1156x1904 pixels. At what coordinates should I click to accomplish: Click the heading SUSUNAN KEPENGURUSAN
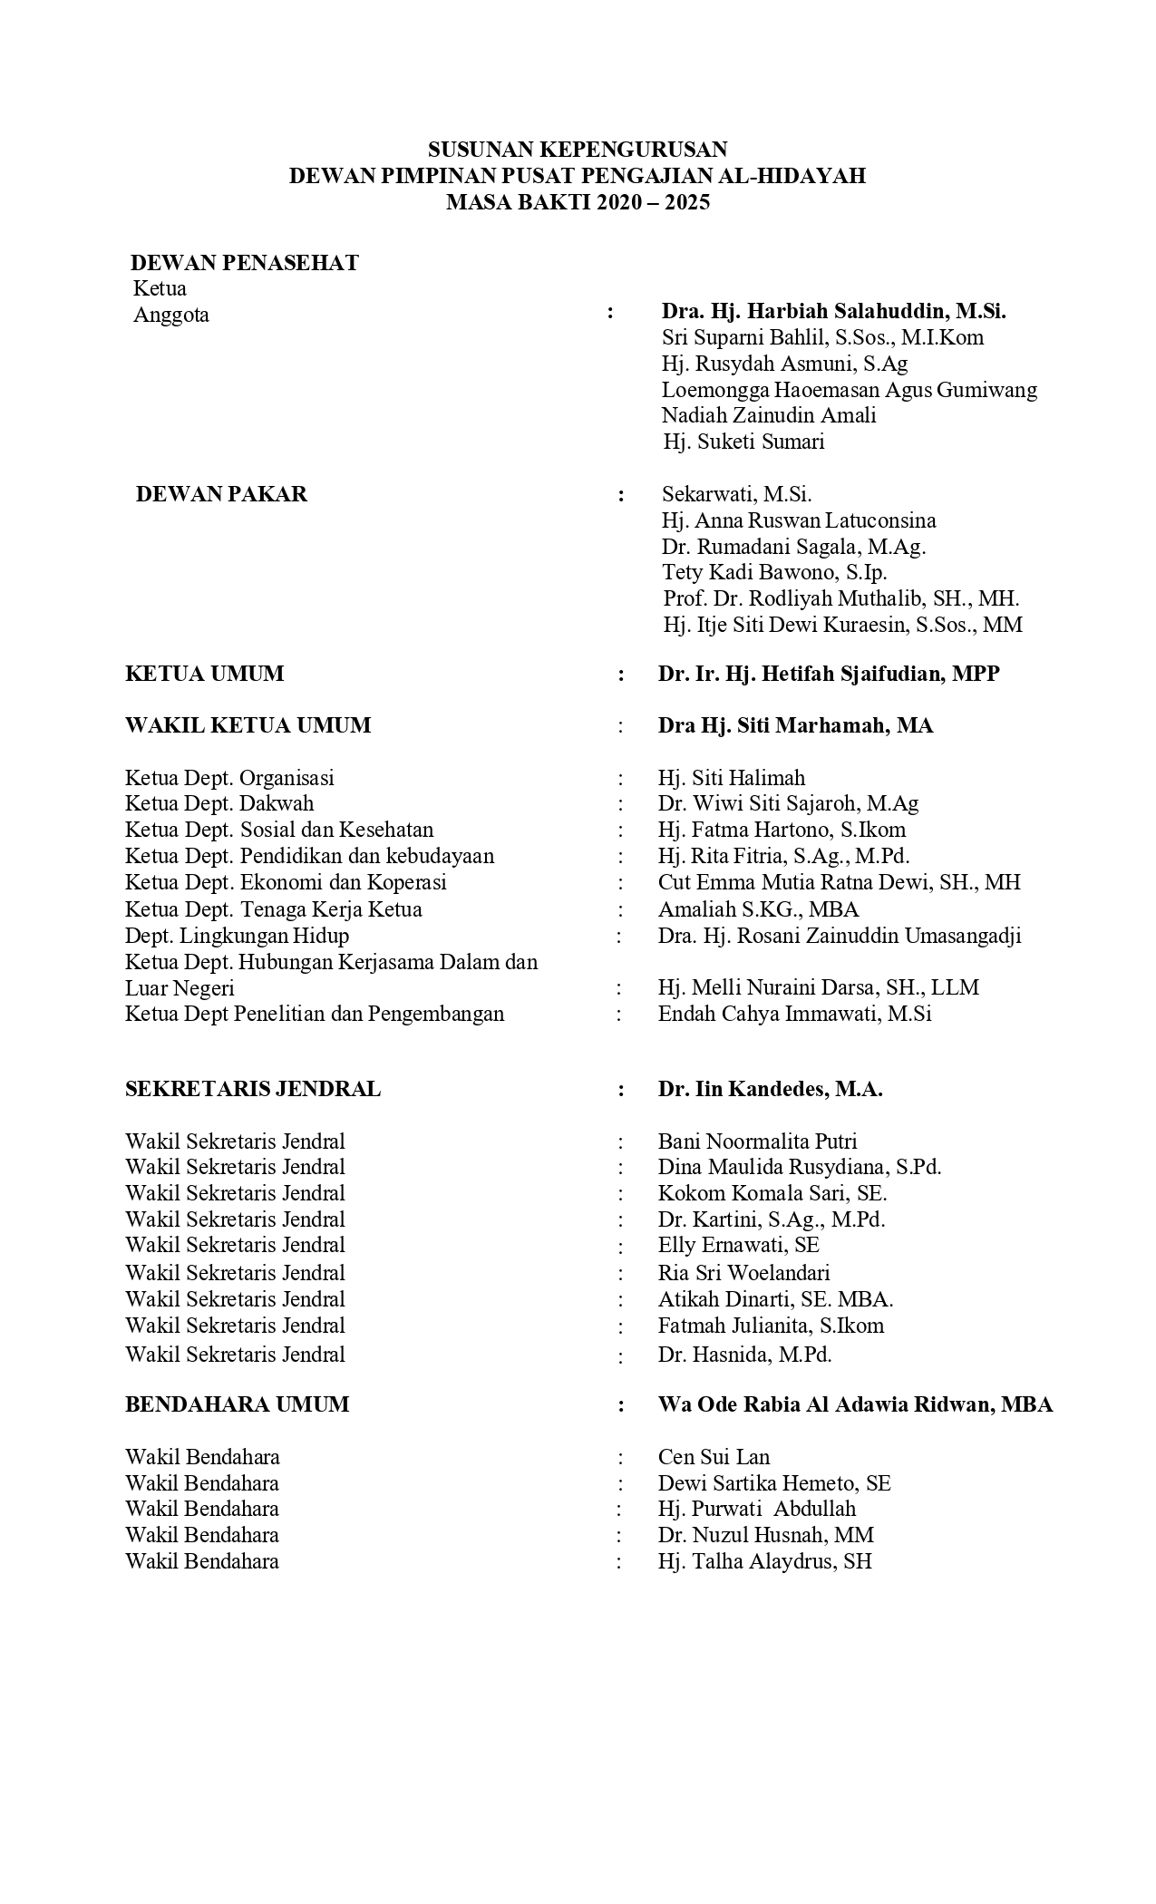click(x=578, y=149)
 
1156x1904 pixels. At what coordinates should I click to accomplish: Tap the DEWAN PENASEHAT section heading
click(x=245, y=263)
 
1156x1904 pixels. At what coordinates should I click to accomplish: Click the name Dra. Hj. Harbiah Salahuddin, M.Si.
click(x=833, y=311)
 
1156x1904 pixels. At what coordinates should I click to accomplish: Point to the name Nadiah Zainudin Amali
click(x=769, y=415)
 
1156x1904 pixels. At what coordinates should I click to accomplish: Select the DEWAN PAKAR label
click(x=221, y=494)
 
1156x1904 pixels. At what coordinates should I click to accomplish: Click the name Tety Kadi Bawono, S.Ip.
click(x=774, y=572)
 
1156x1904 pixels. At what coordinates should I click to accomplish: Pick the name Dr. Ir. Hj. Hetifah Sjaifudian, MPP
click(x=829, y=674)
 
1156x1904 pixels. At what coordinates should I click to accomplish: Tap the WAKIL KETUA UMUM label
click(x=248, y=725)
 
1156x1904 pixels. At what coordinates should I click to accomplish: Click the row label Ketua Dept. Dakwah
click(x=219, y=803)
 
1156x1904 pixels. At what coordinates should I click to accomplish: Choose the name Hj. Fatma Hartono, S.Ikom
click(x=782, y=830)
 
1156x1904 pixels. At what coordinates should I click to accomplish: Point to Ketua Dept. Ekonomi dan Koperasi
click(x=286, y=882)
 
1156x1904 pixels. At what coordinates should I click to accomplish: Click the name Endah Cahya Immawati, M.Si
click(x=794, y=1014)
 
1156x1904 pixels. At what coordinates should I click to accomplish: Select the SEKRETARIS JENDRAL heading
click(x=253, y=1089)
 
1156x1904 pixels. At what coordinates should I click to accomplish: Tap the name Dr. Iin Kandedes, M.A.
click(x=770, y=1089)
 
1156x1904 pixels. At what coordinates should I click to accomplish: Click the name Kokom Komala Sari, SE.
click(x=772, y=1193)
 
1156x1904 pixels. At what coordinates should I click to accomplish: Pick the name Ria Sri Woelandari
click(x=743, y=1272)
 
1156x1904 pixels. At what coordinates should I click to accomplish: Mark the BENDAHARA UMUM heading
click(x=237, y=1404)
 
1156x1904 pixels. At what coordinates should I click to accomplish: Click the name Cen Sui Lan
click(x=714, y=1457)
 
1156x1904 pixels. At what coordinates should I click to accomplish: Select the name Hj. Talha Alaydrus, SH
click(x=764, y=1561)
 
